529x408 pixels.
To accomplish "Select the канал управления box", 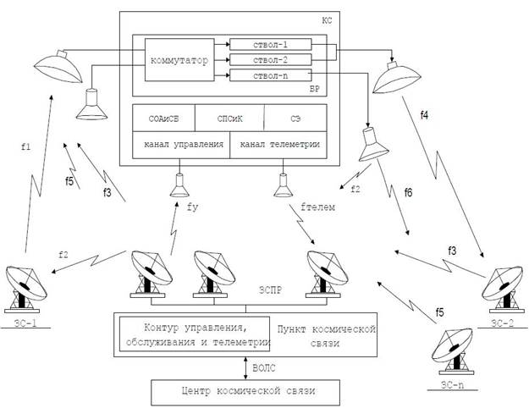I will [x=180, y=145].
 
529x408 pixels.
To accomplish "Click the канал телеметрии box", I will [x=280, y=145].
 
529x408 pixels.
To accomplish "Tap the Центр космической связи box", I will [x=245, y=393].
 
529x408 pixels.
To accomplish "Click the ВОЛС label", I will [x=266, y=368].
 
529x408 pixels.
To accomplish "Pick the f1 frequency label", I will [x=25, y=145].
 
